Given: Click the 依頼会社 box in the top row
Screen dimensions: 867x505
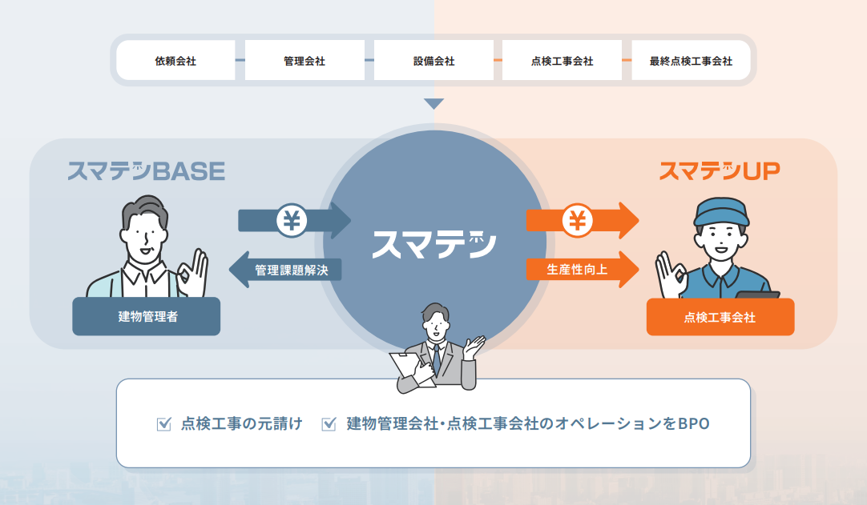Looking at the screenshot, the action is pyautogui.click(x=175, y=61).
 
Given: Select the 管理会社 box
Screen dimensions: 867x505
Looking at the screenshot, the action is pyautogui.click(x=304, y=61).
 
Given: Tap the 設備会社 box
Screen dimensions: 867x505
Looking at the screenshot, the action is pyautogui.click(x=433, y=61).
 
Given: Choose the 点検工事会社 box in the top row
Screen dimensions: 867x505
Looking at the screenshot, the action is pyautogui.click(x=562, y=61).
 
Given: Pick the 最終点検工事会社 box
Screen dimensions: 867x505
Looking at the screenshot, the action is pyautogui.click(x=691, y=61).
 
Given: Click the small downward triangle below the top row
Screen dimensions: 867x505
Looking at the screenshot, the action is pyautogui.click(x=433, y=104).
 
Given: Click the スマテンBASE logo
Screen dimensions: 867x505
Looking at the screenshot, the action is pyautogui.click(x=146, y=170).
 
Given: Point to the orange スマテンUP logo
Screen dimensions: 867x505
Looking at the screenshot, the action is pyautogui.click(x=719, y=170).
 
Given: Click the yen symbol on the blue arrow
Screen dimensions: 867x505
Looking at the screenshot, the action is pyautogui.click(x=292, y=220).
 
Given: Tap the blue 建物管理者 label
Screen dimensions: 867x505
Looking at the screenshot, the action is pyautogui.click(x=147, y=316).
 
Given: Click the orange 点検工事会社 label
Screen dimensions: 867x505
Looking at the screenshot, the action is pyautogui.click(x=720, y=318).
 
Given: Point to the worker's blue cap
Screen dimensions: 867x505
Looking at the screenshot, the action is pyautogui.click(x=720, y=210).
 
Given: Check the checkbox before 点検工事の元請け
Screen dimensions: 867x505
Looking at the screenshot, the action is pyautogui.click(x=164, y=424).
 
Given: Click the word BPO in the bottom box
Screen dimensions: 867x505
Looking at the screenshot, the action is pyautogui.click(x=693, y=423).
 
